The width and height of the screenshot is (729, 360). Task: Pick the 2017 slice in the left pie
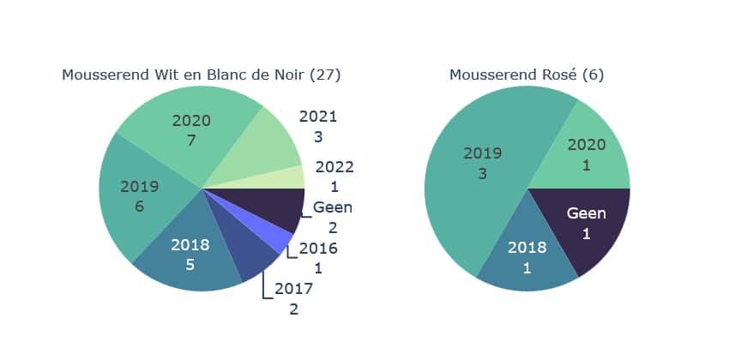[x=252, y=257]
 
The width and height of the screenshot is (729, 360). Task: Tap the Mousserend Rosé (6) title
[x=527, y=75]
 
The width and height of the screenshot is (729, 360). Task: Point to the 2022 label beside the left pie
[x=334, y=168]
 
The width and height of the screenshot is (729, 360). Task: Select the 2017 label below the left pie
[x=293, y=289]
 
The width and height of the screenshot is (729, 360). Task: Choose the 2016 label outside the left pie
[x=317, y=249]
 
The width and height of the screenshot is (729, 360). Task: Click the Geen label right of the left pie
[x=333, y=207]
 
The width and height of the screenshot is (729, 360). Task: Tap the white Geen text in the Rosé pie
[x=587, y=213]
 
